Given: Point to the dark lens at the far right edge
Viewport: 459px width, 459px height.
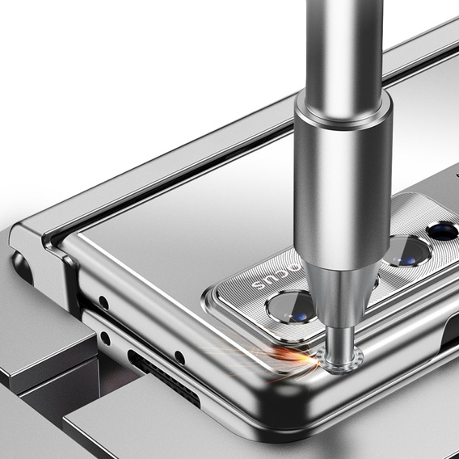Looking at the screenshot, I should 444,231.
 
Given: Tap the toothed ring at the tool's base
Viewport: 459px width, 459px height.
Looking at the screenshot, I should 340,358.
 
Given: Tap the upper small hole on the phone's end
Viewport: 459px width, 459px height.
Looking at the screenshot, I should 103,303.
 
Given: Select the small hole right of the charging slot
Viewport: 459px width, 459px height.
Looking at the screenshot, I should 179,357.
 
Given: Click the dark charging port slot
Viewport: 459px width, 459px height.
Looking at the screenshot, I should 162,378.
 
